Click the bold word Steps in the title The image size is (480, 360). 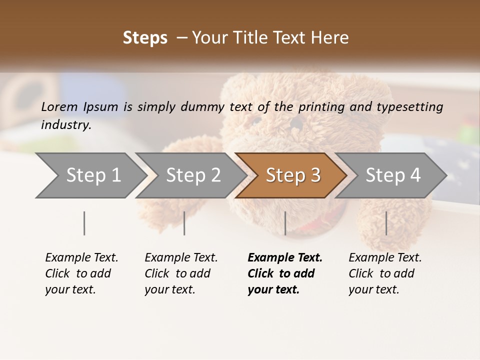(x=145, y=38)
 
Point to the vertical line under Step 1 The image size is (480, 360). (x=84, y=223)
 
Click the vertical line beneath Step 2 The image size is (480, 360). (x=184, y=223)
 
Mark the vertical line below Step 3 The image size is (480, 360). (x=285, y=223)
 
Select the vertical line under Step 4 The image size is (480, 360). (x=386, y=223)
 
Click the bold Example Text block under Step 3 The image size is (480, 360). (x=284, y=273)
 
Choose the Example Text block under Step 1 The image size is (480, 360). (x=81, y=273)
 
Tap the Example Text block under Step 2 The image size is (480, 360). (x=181, y=273)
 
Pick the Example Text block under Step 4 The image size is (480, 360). (x=385, y=273)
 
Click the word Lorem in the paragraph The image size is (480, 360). (x=59, y=106)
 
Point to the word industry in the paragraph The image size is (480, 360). (x=65, y=124)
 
